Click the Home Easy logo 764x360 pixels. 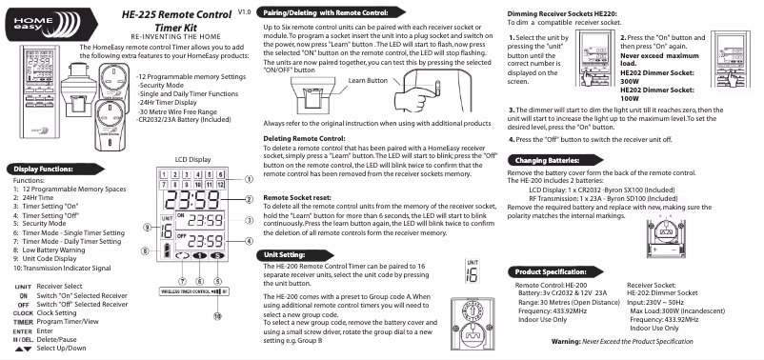(x=51, y=24)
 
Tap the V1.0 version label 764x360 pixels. (x=245, y=11)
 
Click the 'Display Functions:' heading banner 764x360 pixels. (x=55, y=170)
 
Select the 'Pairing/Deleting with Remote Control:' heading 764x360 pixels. (x=331, y=12)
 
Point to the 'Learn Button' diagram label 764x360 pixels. (x=368, y=80)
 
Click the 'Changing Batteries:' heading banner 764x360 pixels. (x=555, y=160)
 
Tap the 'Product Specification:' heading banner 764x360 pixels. (x=555, y=271)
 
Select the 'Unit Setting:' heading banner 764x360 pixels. (x=295, y=255)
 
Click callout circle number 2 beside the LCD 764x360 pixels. (x=249, y=199)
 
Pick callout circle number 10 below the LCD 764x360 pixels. (x=217, y=316)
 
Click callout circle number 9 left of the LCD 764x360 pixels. (x=147, y=227)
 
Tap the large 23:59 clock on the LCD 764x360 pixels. (x=192, y=199)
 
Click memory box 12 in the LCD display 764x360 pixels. (x=221, y=185)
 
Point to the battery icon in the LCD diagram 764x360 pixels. (x=167, y=250)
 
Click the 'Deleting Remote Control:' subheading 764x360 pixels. (x=304, y=139)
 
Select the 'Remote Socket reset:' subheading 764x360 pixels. (x=297, y=198)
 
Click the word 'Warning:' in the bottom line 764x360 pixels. (x=566, y=342)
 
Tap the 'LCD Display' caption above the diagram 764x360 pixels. (x=193, y=159)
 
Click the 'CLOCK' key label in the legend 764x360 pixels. (x=23, y=313)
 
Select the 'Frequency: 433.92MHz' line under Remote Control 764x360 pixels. (x=553, y=310)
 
